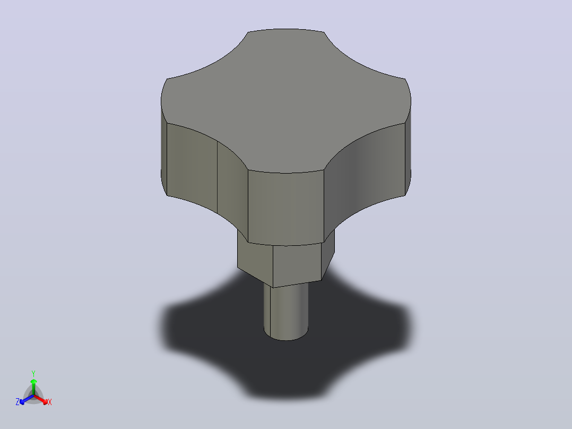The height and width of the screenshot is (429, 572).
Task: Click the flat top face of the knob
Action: click(286, 100)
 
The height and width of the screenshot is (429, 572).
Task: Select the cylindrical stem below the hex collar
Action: click(286, 311)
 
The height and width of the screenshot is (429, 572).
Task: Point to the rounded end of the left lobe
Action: click(164, 146)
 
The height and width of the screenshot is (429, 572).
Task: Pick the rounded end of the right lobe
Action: click(408, 146)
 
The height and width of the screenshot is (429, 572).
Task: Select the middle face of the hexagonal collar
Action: click(297, 265)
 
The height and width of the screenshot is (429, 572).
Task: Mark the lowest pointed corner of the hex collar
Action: click(273, 288)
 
